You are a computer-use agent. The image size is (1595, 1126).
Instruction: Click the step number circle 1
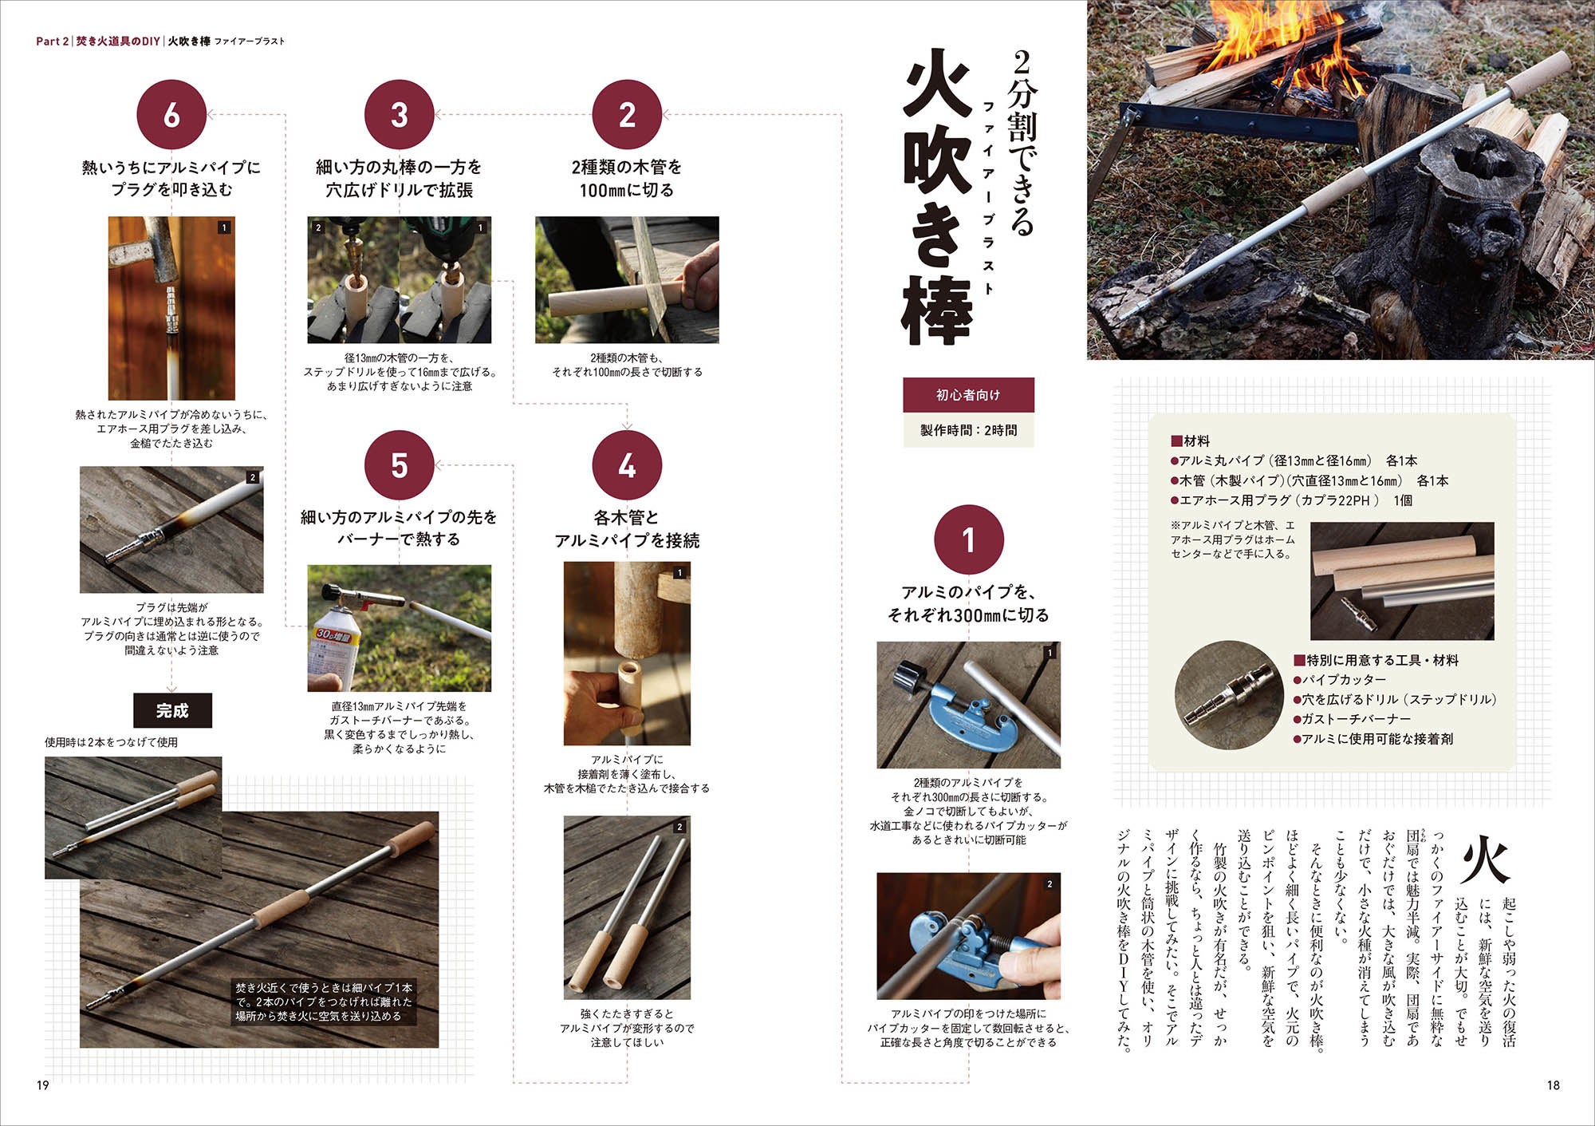(968, 540)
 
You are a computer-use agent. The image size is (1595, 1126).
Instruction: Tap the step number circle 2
(627, 115)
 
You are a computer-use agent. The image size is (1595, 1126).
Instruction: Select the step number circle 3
(399, 115)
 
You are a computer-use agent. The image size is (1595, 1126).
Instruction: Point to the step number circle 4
(627, 465)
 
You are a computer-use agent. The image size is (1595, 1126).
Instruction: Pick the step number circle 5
(399, 465)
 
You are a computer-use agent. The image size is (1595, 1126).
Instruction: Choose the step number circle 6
(171, 115)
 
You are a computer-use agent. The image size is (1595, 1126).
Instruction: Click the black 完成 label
(172, 710)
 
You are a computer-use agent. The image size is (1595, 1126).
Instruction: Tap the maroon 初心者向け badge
(968, 395)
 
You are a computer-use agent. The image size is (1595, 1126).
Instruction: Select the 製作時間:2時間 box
(968, 430)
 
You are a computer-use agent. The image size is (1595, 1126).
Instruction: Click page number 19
(43, 1085)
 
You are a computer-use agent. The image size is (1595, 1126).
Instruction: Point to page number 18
(1552, 1085)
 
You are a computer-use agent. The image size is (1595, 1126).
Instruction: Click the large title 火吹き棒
(937, 198)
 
